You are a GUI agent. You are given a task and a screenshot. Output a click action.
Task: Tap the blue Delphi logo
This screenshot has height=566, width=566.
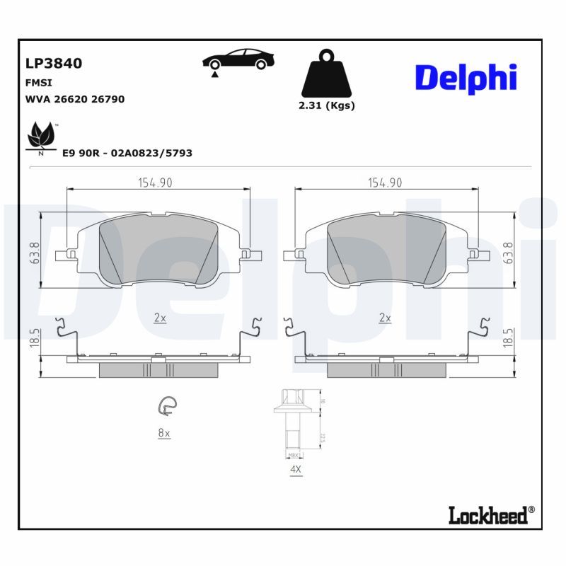tap(466, 79)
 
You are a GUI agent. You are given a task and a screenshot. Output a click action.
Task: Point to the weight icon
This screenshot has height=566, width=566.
tap(326, 74)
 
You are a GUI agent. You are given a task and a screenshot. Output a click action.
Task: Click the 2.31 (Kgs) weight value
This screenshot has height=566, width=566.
tap(326, 106)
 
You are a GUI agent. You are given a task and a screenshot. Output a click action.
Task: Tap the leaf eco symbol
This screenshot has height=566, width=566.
tap(41, 137)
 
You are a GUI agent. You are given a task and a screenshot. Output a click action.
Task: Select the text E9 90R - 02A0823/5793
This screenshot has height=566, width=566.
tap(127, 153)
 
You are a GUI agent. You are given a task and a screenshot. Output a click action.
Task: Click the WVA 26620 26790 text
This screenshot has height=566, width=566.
tap(75, 99)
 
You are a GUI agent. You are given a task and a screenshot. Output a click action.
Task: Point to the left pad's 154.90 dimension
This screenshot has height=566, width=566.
tap(155, 183)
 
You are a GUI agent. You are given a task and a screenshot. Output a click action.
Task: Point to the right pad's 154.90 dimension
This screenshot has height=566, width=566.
tap(385, 183)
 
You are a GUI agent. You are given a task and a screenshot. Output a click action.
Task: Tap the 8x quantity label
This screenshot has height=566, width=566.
tap(164, 433)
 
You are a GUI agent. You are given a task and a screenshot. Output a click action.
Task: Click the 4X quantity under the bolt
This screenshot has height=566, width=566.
tap(294, 469)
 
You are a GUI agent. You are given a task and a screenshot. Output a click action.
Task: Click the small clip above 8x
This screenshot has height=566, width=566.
tap(167, 405)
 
